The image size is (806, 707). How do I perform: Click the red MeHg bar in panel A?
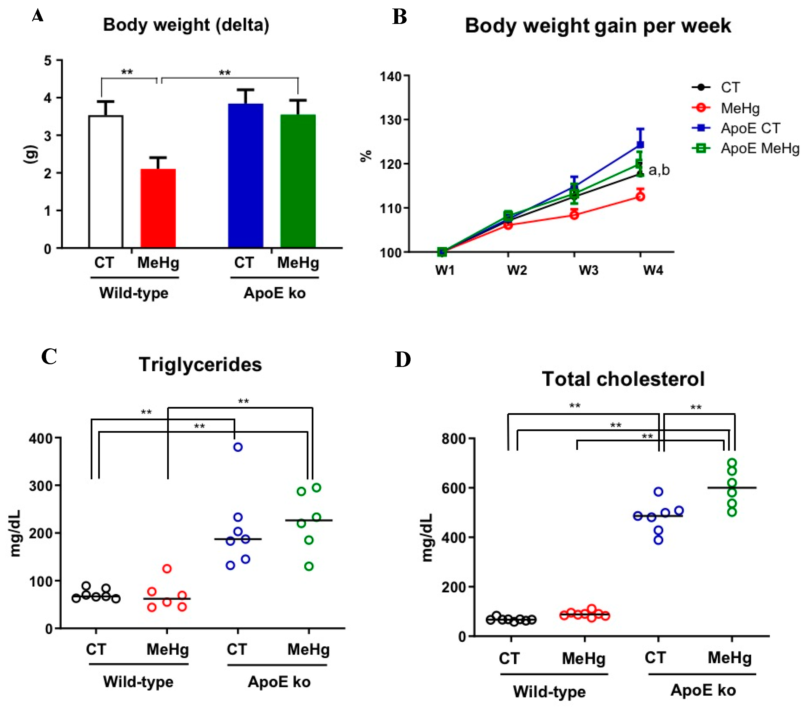click(158, 208)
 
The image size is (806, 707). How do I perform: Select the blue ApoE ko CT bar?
click(246, 175)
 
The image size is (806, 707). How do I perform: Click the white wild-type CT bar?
click(106, 182)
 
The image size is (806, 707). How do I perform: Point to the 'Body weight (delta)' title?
click(186, 25)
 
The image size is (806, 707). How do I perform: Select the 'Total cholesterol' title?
click(623, 379)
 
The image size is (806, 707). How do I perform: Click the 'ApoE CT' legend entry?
click(750, 128)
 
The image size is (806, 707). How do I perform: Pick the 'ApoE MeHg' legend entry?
click(760, 148)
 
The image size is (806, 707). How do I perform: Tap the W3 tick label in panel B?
click(588, 270)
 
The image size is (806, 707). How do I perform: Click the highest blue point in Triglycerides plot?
click(238, 447)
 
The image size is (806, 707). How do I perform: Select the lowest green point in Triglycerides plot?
click(309, 566)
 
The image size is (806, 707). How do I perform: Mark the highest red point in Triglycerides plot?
click(167, 568)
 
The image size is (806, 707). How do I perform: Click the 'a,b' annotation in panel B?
click(659, 170)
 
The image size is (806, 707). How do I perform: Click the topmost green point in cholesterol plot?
click(732, 463)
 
